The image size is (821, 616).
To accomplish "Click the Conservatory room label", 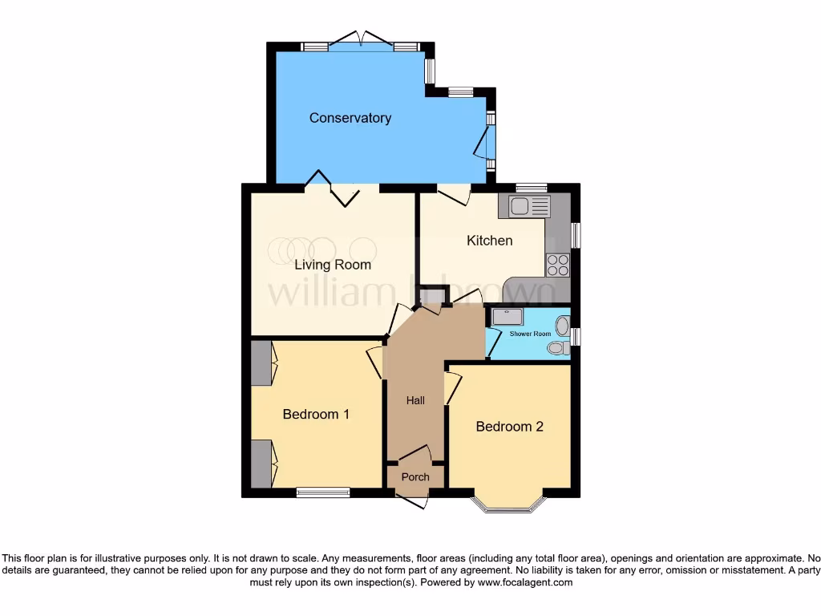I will (x=350, y=118).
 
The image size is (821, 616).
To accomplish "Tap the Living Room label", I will (x=332, y=265).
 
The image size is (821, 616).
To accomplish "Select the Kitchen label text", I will (x=489, y=241).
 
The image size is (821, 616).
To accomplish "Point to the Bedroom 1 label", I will (x=316, y=415).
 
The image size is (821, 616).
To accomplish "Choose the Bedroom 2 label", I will (x=509, y=427).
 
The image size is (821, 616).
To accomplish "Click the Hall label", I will (x=415, y=400).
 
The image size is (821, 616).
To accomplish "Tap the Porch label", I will (x=415, y=477).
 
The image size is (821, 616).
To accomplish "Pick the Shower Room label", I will (x=532, y=334).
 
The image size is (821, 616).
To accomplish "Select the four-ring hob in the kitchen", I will (x=557, y=265).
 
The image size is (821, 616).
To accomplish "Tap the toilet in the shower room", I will (x=557, y=348).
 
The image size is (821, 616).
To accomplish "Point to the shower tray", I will (x=508, y=317).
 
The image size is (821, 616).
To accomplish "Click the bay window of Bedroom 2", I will (x=509, y=505).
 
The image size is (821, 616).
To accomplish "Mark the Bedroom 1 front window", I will (x=322, y=492).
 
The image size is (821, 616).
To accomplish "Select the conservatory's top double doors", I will (x=361, y=40).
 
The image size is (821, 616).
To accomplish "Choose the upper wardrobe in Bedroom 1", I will (x=261, y=363).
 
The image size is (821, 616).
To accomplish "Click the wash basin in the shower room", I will (x=562, y=326).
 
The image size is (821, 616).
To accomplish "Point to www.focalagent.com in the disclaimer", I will (x=524, y=582).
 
